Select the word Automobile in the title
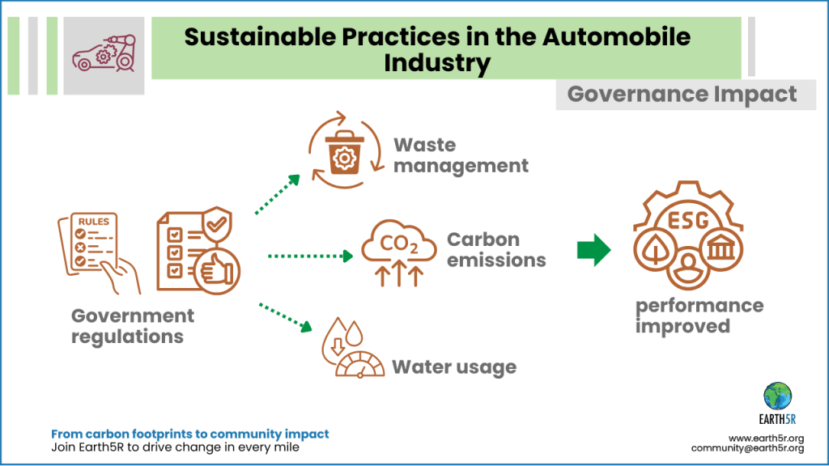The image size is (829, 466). (616, 37)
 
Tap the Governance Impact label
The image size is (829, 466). (682, 95)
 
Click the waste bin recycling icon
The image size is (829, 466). (346, 150)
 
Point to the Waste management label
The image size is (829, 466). (461, 155)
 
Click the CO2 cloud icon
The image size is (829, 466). (399, 252)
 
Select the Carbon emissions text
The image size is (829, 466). (496, 249)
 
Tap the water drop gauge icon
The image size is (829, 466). (353, 348)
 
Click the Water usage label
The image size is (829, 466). (454, 367)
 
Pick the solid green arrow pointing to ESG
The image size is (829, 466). (593, 250)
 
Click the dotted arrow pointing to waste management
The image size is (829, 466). (278, 194)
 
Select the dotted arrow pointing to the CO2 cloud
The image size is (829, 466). (310, 256)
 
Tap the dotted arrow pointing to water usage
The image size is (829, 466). (286, 317)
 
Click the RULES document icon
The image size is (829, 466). (99, 252)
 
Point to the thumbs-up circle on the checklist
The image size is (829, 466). (217, 270)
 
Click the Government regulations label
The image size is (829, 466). (133, 326)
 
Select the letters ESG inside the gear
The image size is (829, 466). (688, 220)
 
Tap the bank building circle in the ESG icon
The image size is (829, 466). (721, 249)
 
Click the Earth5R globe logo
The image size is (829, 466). (777, 396)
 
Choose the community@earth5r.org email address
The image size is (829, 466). (747, 448)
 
